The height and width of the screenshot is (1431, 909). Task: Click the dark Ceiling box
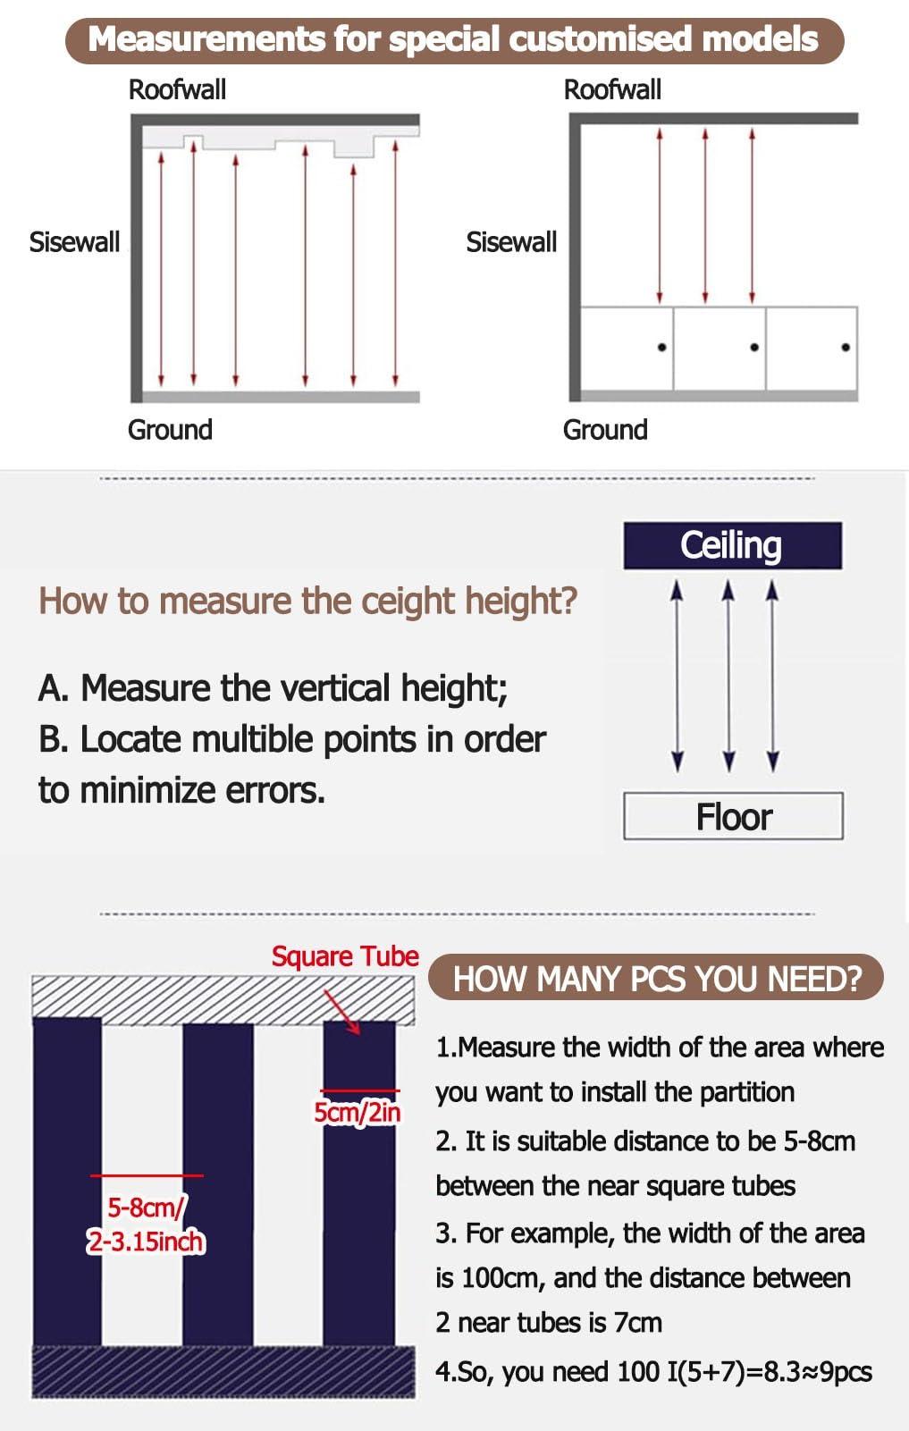[x=733, y=545]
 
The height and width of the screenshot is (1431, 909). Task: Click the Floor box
[x=733, y=816]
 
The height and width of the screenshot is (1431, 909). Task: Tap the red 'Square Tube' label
[x=345, y=956]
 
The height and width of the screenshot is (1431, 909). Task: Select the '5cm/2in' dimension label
[x=358, y=1112]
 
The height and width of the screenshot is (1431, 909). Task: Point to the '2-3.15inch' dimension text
[x=146, y=1242]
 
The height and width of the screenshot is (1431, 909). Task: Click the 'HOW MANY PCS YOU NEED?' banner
[x=657, y=978]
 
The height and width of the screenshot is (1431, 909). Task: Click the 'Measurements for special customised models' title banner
[x=454, y=40]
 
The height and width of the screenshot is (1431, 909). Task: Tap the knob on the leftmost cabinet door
[x=661, y=348]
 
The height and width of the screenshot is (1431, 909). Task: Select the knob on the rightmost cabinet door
[x=846, y=348]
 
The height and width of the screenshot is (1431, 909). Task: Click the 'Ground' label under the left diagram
[x=170, y=430]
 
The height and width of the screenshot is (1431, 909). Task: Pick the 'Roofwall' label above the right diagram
[x=612, y=90]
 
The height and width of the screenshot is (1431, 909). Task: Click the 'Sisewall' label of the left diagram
[x=75, y=242]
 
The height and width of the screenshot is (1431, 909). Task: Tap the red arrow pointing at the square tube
[x=341, y=1011]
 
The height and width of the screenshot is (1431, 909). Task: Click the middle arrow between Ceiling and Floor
[x=728, y=676]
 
